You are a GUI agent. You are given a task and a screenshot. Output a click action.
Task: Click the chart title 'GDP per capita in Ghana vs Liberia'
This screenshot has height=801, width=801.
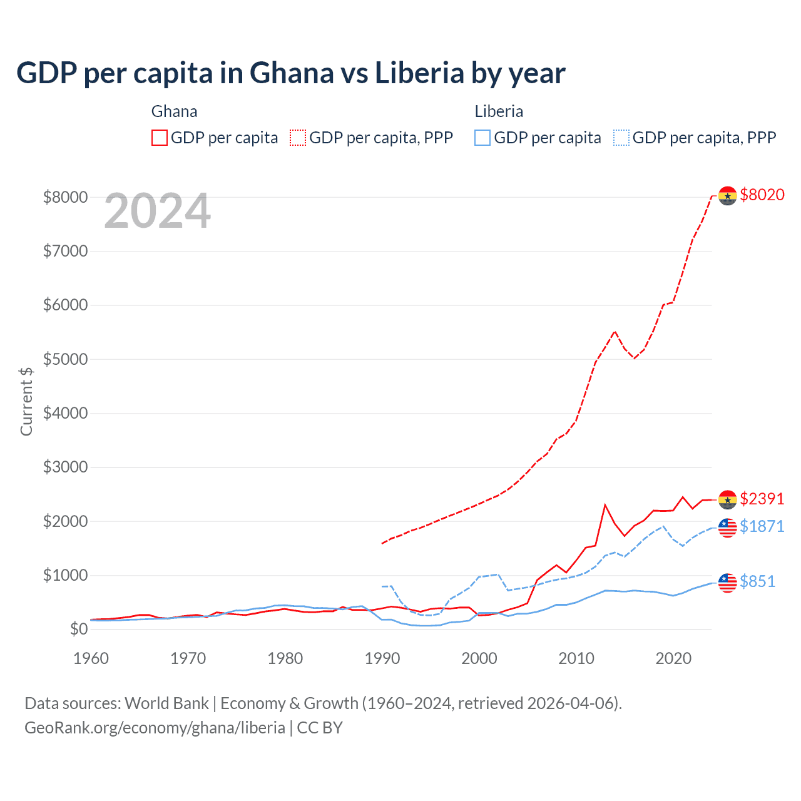click(290, 73)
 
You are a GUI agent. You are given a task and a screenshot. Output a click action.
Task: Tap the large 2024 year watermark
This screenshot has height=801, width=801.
click(157, 212)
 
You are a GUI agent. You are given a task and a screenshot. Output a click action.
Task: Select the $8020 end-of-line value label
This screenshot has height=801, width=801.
click(762, 195)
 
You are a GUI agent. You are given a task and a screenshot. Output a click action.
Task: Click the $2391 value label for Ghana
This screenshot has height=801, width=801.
click(762, 499)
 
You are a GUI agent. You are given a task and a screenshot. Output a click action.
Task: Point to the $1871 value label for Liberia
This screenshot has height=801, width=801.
click(762, 526)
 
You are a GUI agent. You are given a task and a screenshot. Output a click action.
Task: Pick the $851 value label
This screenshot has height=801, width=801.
click(757, 581)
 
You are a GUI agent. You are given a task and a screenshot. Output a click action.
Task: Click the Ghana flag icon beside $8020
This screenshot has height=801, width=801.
click(727, 196)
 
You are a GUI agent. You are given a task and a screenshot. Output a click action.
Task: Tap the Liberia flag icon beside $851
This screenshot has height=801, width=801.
click(727, 583)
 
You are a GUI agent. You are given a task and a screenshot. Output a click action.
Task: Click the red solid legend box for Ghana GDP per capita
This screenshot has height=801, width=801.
click(160, 138)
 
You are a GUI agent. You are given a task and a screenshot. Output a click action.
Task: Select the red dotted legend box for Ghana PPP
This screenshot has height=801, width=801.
click(298, 138)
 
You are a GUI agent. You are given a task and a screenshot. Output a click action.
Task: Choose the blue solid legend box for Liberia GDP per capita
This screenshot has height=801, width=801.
click(482, 138)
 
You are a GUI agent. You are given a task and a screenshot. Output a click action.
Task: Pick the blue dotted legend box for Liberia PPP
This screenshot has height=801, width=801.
click(621, 138)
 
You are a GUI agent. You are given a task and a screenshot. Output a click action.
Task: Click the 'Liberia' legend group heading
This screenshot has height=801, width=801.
click(499, 111)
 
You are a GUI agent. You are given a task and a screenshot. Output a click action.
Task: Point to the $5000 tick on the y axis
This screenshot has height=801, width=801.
click(65, 359)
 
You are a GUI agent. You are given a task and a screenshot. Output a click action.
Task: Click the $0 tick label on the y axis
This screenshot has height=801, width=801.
click(78, 629)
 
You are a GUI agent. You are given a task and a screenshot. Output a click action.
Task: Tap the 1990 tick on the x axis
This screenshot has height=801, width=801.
click(382, 658)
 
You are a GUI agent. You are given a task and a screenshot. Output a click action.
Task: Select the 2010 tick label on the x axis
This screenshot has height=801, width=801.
click(576, 658)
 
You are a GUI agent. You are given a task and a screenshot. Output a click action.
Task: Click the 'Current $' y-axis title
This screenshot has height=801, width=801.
click(26, 402)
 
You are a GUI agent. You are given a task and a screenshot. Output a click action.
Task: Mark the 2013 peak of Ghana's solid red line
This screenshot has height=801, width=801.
click(605, 504)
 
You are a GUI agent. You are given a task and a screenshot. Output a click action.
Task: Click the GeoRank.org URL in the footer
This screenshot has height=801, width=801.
click(155, 728)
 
